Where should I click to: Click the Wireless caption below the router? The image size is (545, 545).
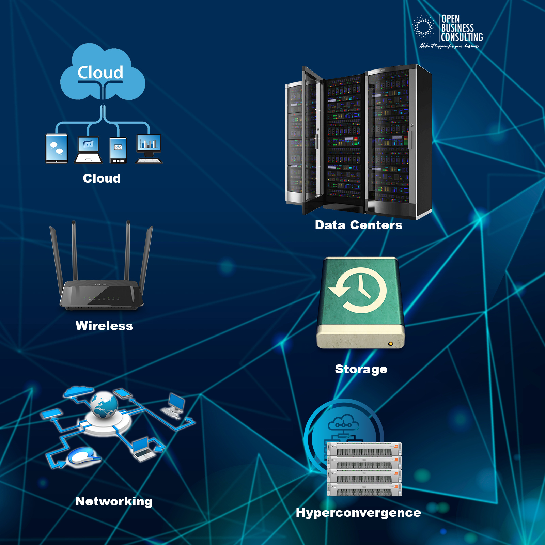click(104, 326)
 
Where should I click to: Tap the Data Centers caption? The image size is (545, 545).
click(358, 225)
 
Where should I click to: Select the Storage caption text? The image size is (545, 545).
click(361, 369)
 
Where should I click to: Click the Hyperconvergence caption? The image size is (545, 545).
click(358, 513)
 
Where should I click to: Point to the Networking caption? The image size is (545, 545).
click(114, 501)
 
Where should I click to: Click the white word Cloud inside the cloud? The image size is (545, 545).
click(100, 73)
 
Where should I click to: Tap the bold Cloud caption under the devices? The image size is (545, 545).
click(102, 178)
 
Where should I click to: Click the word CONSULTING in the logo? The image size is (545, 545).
click(462, 37)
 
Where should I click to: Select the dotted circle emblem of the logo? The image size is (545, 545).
click(423, 27)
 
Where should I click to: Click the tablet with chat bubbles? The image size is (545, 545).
click(57, 149)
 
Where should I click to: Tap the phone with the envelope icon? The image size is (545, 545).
click(118, 150)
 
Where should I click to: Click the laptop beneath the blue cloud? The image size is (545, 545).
click(88, 150)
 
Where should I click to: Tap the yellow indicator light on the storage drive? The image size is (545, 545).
click(391, 344)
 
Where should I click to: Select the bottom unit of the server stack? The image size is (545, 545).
click(364, 489)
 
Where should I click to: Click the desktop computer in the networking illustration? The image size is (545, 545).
click(174, 405)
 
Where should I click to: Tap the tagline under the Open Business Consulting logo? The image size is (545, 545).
click(449, 46)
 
